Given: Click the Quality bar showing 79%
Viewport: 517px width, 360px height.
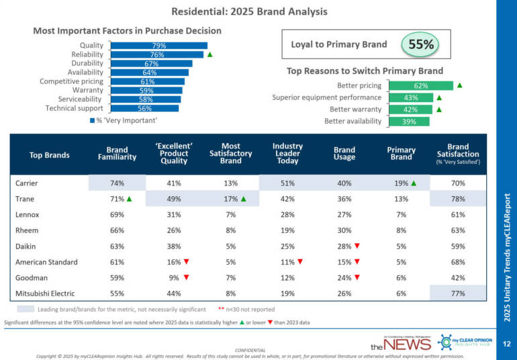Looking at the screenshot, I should (x=158, y=46).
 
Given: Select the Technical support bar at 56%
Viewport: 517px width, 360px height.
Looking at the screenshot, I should (x=144, y=108).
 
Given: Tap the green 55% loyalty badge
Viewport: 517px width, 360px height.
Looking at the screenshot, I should (x=420, y=45).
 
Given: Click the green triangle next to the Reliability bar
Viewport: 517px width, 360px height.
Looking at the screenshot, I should (x=210, y=55).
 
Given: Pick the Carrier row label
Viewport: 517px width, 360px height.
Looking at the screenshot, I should (x=26, y=182).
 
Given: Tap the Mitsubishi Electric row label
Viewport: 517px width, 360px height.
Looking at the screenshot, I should (x=44, y=294).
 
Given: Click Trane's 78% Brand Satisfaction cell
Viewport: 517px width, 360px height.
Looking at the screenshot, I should (x=458, y=198).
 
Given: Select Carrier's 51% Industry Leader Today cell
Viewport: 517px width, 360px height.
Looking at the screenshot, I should (x=287, y=182).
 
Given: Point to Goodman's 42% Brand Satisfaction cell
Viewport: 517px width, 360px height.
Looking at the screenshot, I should (x=458, y=277).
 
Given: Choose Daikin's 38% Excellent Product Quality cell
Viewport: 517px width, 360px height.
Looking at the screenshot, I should (x=174, y=246).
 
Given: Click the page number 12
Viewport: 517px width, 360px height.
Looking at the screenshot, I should (x=507, y=344).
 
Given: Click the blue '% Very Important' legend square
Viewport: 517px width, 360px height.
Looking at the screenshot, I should (x=92, y=121).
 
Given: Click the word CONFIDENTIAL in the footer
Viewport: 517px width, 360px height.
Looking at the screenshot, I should (x=249, y=350).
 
